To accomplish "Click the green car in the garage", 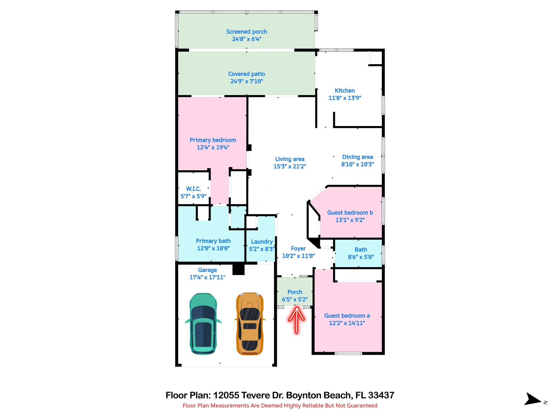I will pos(203,324).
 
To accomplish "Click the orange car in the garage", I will pos(250,324).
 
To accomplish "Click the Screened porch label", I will pos(247,32).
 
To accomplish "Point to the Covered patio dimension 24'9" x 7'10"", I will pos(247,81).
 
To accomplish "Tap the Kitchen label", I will pos(345,91).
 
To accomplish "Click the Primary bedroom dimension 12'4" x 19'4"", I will pos(213,148).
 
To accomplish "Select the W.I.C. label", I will pos(193,189).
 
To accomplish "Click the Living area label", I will pos(290,159).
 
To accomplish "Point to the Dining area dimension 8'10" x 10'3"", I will pos(358,164).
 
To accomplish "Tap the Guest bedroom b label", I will pos(350,213).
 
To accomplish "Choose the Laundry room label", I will pos(262,242).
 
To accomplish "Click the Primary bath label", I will pos(213,241).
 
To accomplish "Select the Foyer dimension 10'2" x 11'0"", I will pos(298,256).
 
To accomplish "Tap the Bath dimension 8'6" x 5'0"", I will pos(361,257).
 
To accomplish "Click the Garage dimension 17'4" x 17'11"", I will pos(207,277).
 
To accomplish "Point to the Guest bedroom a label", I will pos(347,316).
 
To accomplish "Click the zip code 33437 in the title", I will pos(381,395).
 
